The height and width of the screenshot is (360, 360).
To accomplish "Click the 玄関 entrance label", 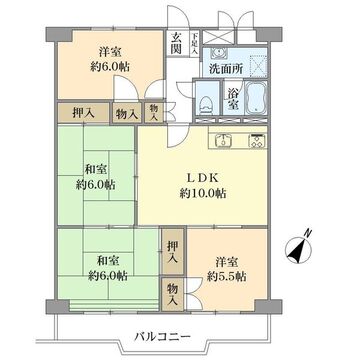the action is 176,43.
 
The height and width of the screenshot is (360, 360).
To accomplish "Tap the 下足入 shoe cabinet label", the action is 195,43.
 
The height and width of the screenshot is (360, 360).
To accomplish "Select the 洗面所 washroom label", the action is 226,69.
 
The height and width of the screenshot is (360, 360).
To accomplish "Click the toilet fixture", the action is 207,102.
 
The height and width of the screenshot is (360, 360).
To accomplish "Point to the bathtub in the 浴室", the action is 256,98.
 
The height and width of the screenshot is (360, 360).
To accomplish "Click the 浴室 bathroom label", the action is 233,99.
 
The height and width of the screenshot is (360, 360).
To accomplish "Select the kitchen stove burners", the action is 258,140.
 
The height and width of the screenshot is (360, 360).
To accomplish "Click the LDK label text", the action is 202,178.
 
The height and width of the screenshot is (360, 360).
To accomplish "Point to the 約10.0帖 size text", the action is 203,193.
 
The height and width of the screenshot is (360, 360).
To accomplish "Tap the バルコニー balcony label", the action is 163,336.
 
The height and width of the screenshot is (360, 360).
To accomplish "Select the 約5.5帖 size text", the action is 227,277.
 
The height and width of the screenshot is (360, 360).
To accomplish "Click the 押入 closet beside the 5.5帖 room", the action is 173,252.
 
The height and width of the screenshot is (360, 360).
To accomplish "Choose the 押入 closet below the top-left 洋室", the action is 83,113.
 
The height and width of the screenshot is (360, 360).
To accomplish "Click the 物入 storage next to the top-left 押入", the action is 127,115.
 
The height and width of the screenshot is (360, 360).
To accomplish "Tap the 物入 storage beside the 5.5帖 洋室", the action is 173,294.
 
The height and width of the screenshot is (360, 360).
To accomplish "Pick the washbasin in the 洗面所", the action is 219,53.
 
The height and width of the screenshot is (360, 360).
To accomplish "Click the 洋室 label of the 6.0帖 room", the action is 110,52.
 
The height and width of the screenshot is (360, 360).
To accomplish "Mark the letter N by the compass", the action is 309,233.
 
